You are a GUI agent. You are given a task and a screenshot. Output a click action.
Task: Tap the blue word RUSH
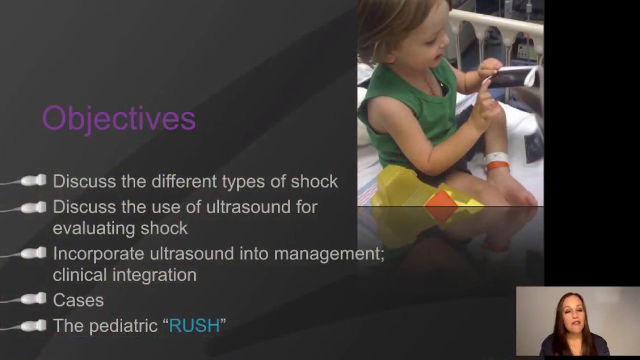pyautogui.click(x=194, y=326)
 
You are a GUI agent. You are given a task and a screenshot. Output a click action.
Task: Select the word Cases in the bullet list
pyautogui.click(x=78, y=300)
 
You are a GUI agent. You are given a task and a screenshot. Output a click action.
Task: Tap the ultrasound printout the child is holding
pyautogui.click(x=512, y=76)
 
